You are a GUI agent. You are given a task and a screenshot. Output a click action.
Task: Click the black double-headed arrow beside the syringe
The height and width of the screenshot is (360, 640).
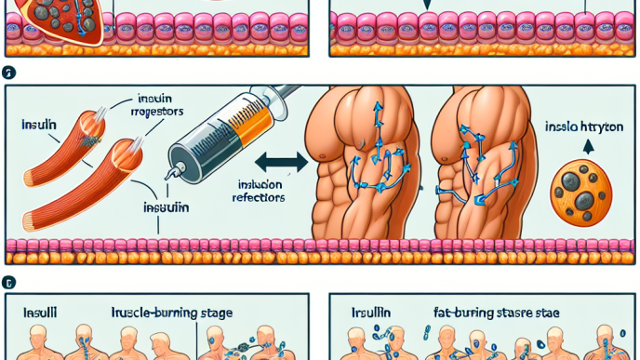[280, 162]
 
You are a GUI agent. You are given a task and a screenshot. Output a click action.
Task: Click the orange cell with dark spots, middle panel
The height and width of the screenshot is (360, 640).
[580, 192]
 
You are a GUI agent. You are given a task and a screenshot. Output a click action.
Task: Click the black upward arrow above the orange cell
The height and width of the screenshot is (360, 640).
[587, 147]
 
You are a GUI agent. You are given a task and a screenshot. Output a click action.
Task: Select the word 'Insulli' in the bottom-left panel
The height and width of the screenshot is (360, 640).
[39, 314]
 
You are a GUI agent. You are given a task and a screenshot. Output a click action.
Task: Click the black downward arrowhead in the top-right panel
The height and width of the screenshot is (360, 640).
[427, 5]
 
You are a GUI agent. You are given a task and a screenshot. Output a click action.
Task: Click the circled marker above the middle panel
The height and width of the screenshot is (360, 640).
[8, 72]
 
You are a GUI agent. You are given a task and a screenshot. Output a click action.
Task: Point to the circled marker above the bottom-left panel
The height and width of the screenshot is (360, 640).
[8, 281]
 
